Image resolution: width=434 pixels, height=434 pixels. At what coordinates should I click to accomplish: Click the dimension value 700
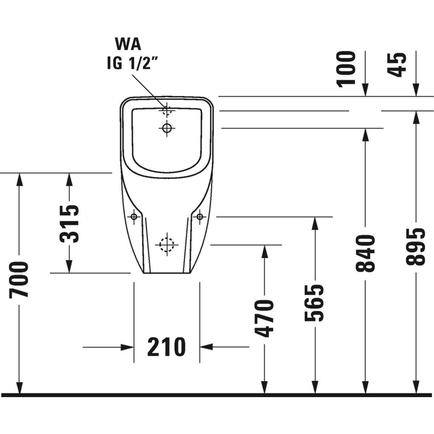(19, 280)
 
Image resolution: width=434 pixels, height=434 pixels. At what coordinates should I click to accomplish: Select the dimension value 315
(69, 224)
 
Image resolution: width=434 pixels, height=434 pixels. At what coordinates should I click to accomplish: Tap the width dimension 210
(166, 347)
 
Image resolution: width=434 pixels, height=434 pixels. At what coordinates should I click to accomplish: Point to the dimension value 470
(264, 318)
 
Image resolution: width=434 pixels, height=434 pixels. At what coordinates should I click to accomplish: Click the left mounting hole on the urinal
(134, 217)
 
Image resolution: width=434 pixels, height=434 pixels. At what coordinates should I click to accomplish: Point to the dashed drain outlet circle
(167, 245)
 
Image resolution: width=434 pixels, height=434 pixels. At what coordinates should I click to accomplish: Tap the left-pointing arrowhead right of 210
(205, 347)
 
